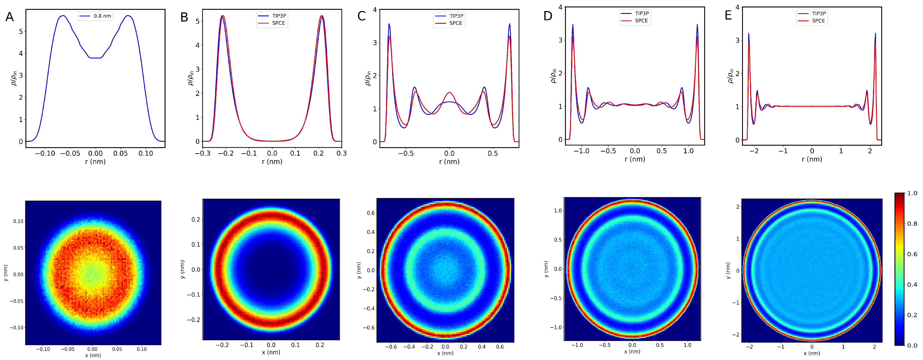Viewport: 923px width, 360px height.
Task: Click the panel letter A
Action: (x=9, y=17)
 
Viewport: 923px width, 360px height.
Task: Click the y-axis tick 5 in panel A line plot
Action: (x=21, y=32)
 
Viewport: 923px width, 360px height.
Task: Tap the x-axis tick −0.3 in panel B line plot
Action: (x=202, y=153)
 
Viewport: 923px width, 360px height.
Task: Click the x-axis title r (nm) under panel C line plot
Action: (x=449, y=162)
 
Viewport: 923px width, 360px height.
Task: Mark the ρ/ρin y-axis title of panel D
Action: (x=553, y=76)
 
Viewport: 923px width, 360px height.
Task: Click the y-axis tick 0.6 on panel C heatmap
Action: (x=371, y=213)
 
